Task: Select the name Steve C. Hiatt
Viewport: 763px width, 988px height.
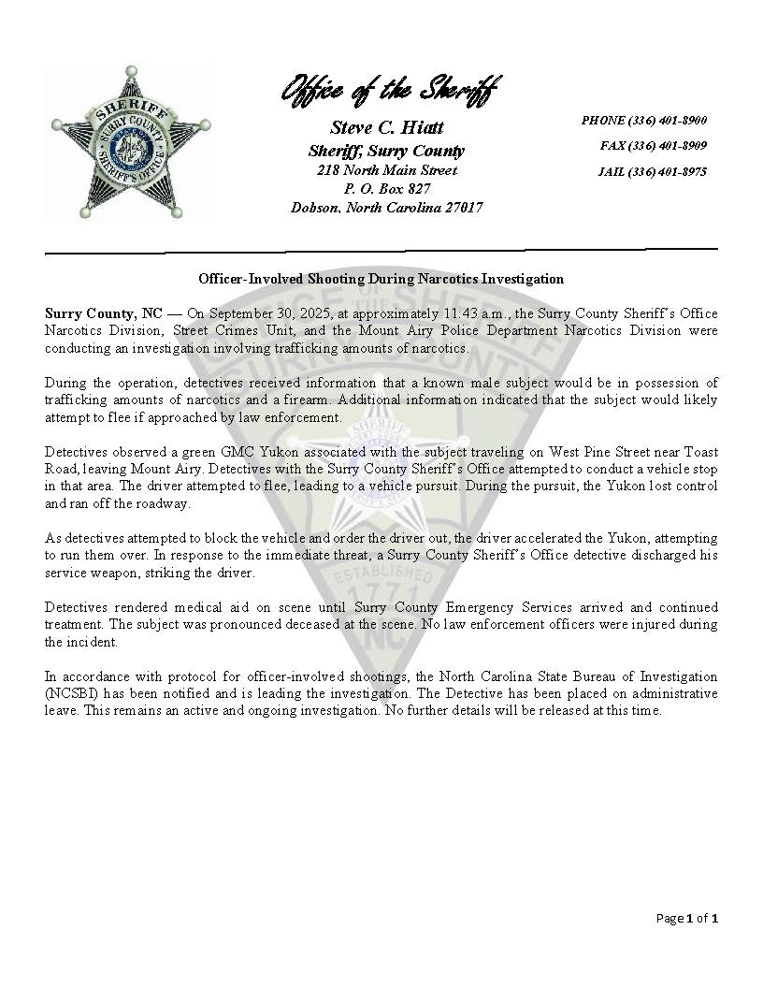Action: pos(387,127)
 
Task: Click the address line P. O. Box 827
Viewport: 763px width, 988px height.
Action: pos(387,189)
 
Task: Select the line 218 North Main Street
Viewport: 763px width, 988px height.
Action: pos(387,170)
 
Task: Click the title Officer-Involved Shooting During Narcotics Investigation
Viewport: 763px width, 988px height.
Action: pos(381,279)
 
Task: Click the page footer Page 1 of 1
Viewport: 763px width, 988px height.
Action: pos(687,919)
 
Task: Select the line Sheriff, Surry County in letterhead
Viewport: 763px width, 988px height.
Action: pos(387,151)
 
